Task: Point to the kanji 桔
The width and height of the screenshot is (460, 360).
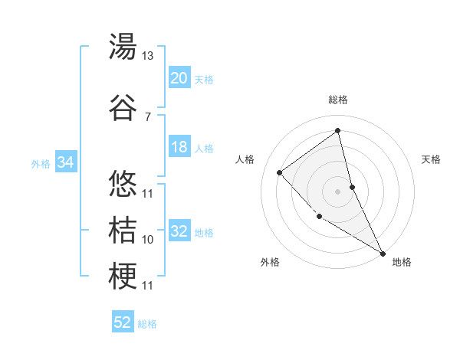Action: tap(123, 230)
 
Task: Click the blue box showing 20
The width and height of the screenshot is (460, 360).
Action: tap(179, 78)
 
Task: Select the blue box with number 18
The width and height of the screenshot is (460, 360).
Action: tap(179, 147)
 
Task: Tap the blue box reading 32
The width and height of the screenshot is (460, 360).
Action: tap(179, 232)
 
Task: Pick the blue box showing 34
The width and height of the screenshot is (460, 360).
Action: tap(65, 162)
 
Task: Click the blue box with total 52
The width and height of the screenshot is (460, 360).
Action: tap(123, 322)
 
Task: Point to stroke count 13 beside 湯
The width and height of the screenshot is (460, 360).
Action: tap(147, 55)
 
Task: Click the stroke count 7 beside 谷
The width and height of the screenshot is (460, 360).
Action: tap(147, 116)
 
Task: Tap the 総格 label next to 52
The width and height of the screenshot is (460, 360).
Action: tap(147, 324)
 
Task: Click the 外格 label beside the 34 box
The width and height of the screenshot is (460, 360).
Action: tap(41, 163)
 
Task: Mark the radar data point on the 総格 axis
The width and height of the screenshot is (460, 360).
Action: tap(337, 129)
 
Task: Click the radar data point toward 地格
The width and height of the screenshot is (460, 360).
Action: tap(383, 254)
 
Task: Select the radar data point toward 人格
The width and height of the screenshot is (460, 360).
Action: tap(280, 172)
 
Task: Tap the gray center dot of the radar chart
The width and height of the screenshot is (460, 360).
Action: tap(337, 191)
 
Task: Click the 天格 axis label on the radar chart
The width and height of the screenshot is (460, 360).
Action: tap(431, 159)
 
